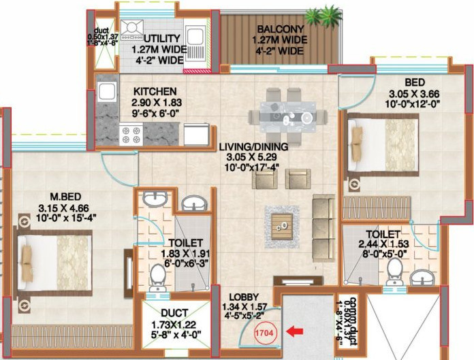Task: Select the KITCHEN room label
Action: tap(155, 91)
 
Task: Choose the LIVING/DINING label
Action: tap(253, 146)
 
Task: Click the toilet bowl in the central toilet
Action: tap(157, 276)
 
